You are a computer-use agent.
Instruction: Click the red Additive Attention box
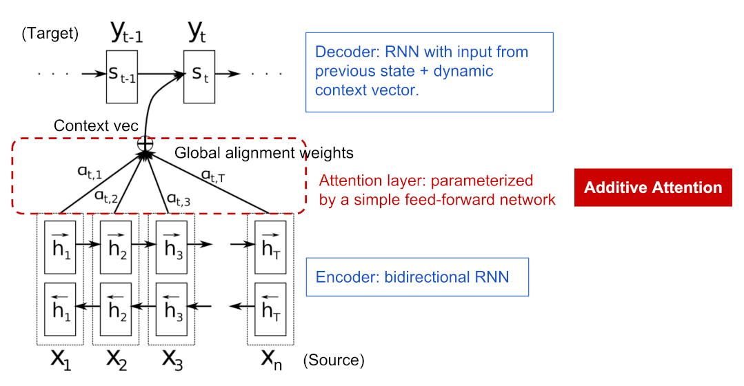tap(652, 187)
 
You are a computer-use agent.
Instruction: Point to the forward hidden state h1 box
tap(61, 245)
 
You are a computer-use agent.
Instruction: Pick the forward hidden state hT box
tap(270, 245)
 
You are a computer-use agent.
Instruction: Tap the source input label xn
tap(270, 358)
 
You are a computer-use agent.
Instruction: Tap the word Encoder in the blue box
tap(341, 277)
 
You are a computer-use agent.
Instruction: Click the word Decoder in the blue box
tap(341, 52)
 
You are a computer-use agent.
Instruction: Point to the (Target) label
tap(50, 33)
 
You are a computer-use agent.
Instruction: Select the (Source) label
tap(334, 360)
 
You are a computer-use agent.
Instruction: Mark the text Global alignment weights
tap(264, 153)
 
